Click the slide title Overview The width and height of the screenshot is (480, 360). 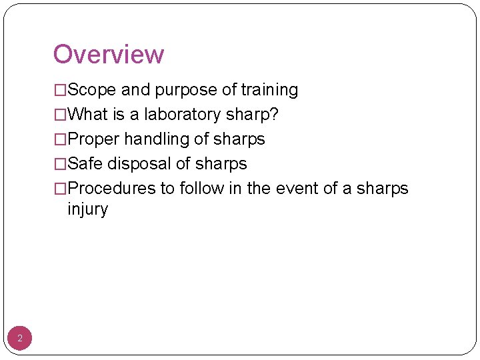tap(108, 54)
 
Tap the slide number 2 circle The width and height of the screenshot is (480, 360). tap(20, 339)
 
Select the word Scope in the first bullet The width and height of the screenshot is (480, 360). tap(92, 90)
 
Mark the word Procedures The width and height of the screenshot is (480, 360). tap(111, 189)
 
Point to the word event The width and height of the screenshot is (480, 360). tap(295, 189)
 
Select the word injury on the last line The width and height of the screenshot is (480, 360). tap(87, 209)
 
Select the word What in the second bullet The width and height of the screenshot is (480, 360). tap(88, 115)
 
